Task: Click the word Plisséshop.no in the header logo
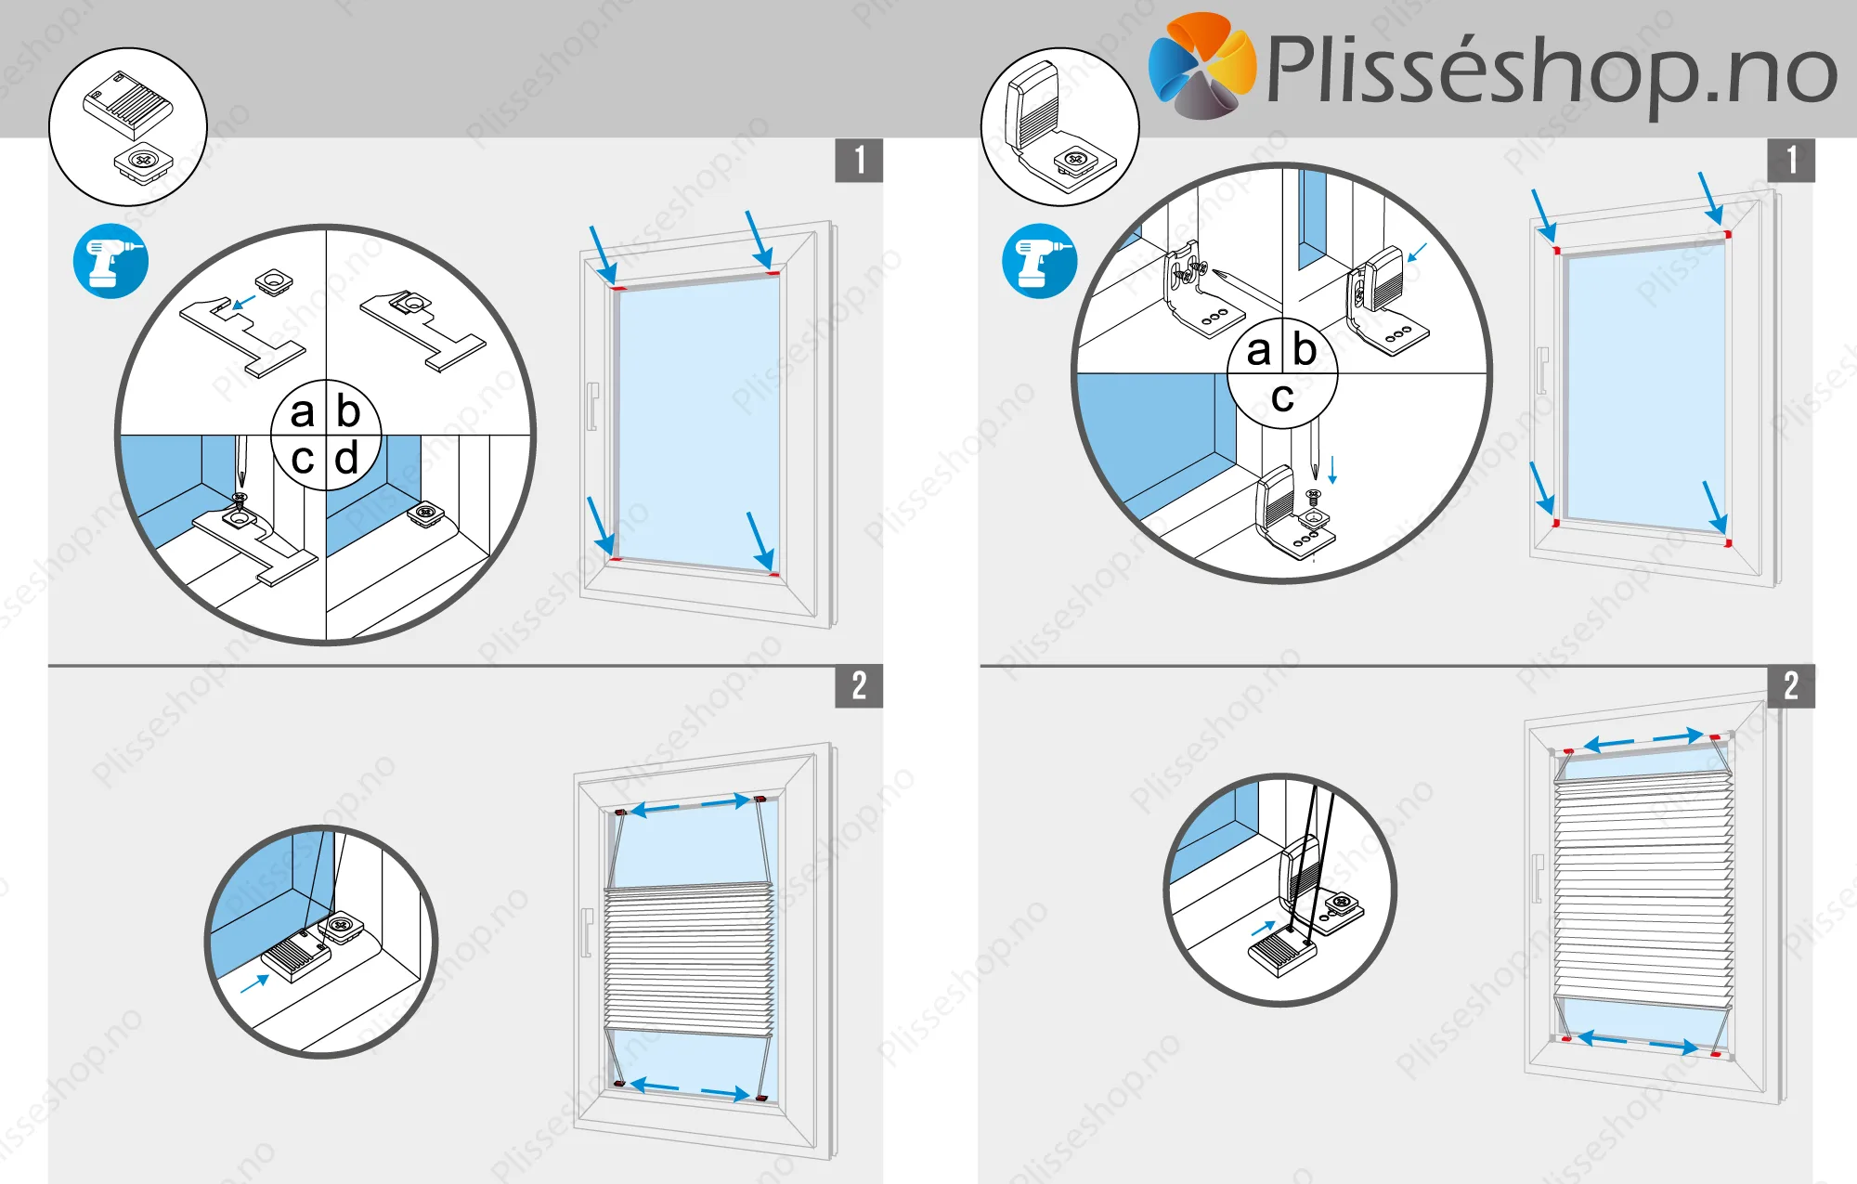[x=1552, y=70]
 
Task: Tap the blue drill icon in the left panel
[x=110, y=261]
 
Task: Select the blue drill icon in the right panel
[x=1040, y=261]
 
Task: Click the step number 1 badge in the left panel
[x=859, y=160]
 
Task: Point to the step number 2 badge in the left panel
[x=859, y=686]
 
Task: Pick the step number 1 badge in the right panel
[x=1791, y=160]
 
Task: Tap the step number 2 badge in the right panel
[x=1791, y=686]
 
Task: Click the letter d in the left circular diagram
[x=346, y=458]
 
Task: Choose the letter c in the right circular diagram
[x=1283, y=398]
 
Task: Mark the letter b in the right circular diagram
[x=1305, y=349]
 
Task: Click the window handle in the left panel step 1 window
[x=592, y=407]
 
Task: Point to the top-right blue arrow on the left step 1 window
[x=760, y=240]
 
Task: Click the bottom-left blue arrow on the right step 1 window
[x=1542, y=488]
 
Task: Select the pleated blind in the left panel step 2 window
[x=689, y=959]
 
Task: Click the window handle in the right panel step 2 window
[x=1538, y=878]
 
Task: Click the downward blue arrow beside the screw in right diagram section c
[x=1332, y=469]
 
